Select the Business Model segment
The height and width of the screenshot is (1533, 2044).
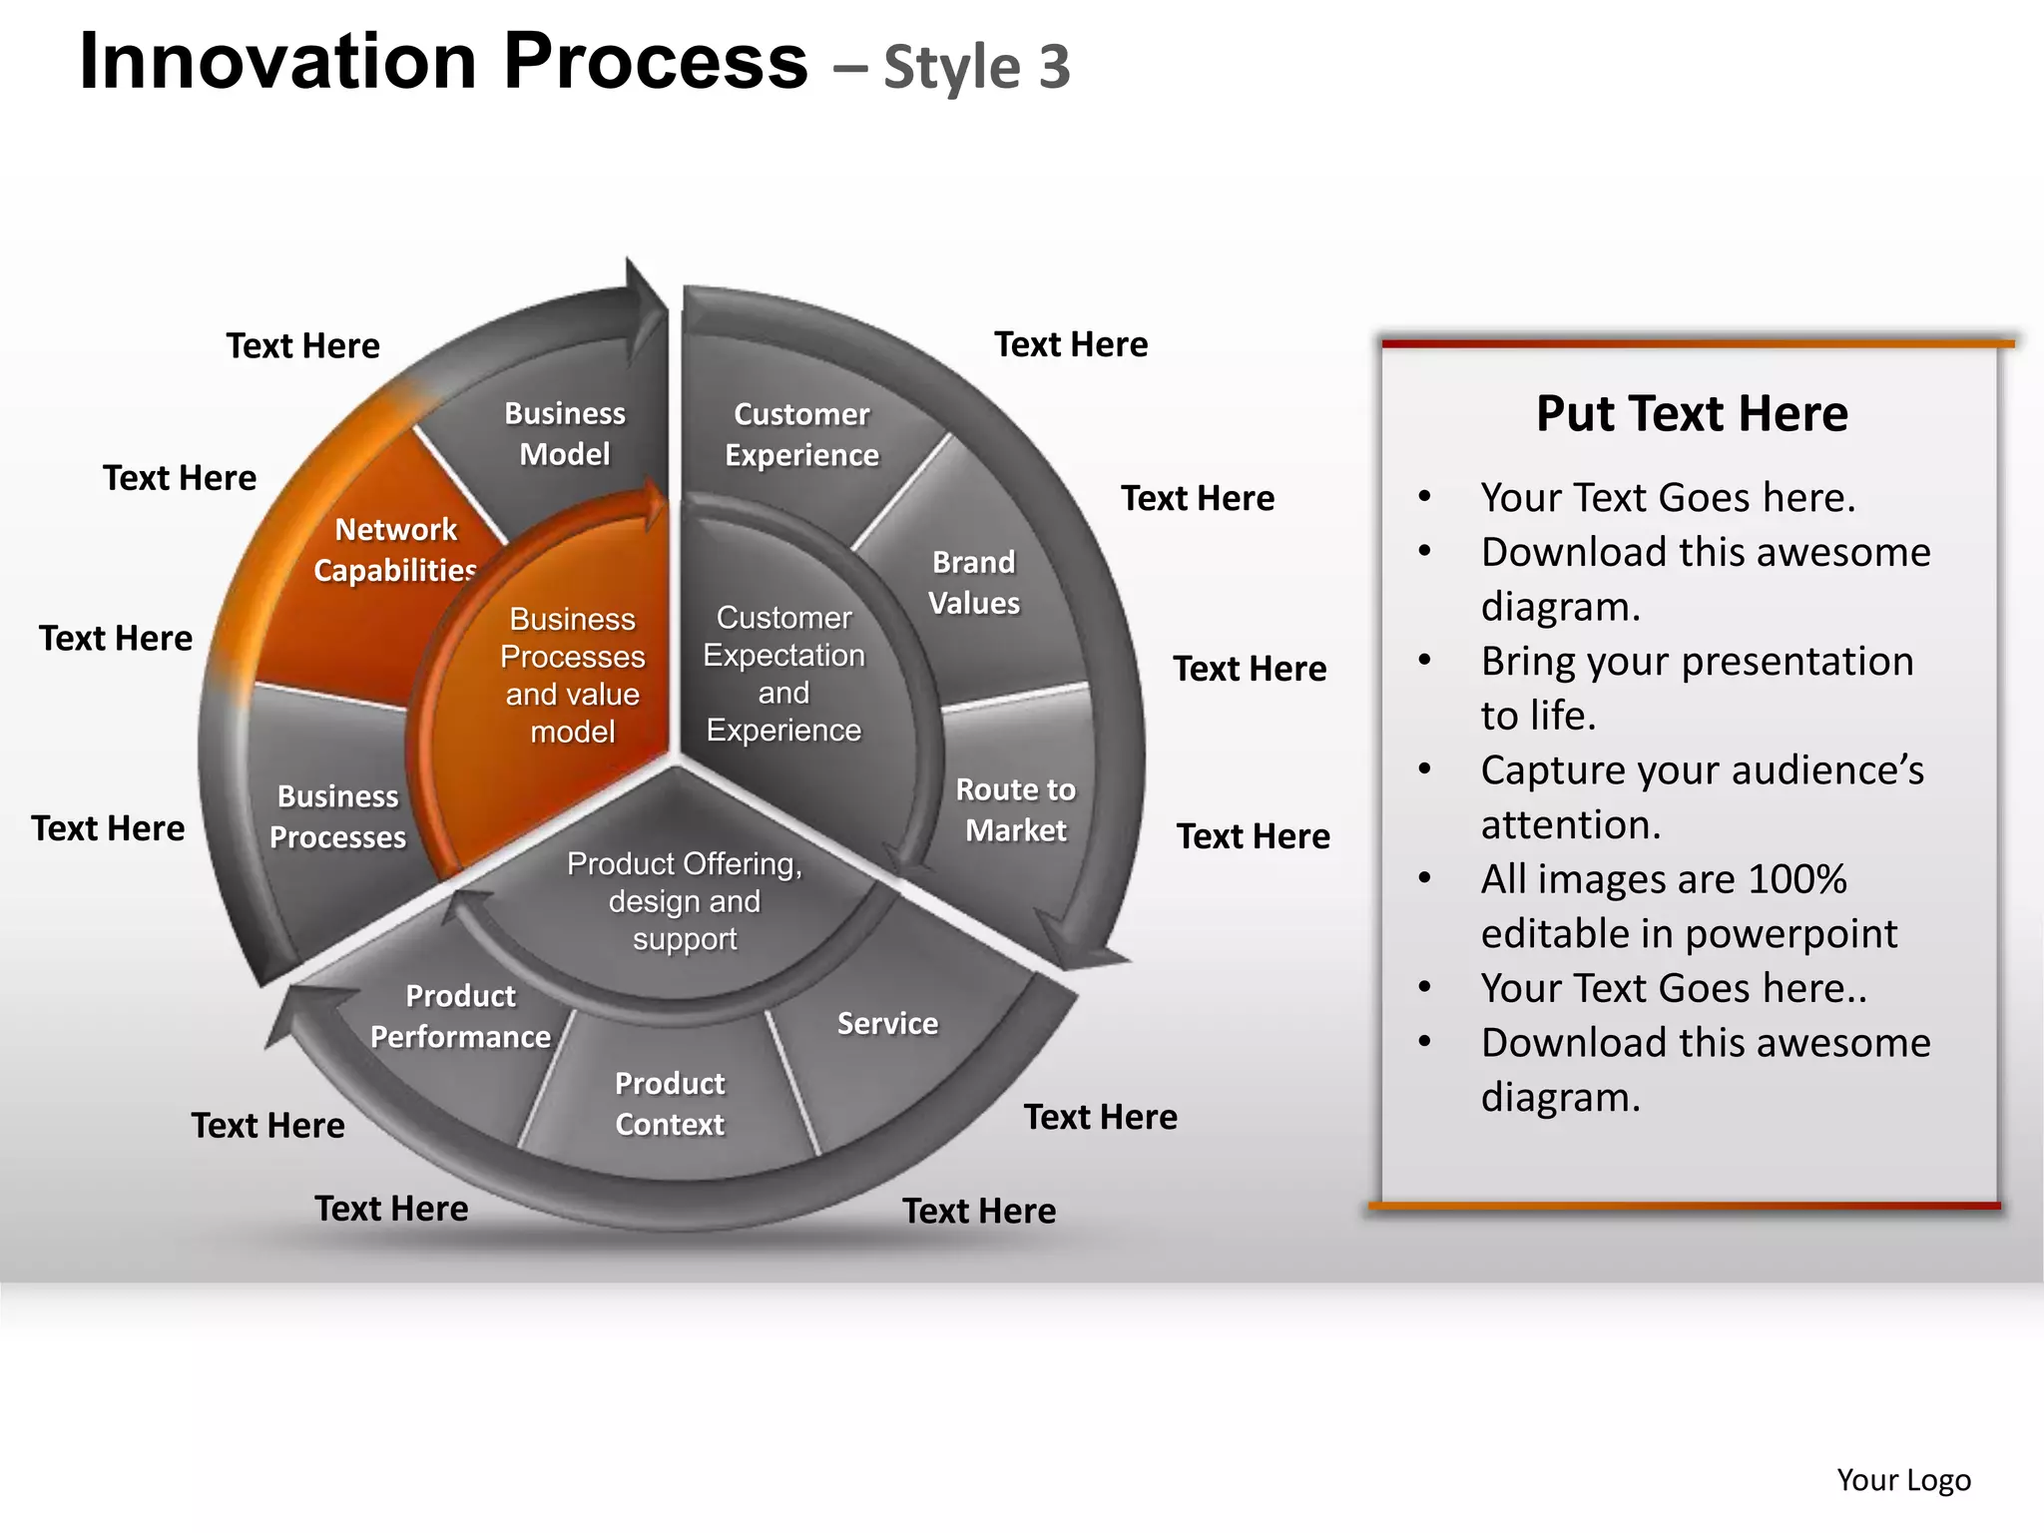coord(564,434)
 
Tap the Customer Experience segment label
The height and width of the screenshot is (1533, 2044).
coord(801,434)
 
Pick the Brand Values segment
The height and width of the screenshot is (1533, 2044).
coord(974,583)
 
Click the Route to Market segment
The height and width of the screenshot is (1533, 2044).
coord(1015,809)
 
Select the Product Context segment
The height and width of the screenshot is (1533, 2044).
coord(670,1104)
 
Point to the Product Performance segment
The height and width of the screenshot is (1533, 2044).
coord(460,1016)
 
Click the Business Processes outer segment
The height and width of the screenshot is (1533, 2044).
coord(337,816)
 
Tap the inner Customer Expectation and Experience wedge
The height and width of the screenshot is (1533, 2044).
coord(783,674)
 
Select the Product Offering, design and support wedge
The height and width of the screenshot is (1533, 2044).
coord(685,901)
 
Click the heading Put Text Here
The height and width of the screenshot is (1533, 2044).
coord(1692,413)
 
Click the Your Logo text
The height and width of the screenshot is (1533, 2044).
coord(1903,1479)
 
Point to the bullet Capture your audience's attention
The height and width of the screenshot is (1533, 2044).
coord(1702,797)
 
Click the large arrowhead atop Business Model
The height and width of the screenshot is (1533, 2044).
coord(644,304)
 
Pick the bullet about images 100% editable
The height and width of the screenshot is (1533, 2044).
coord(1689,906)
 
